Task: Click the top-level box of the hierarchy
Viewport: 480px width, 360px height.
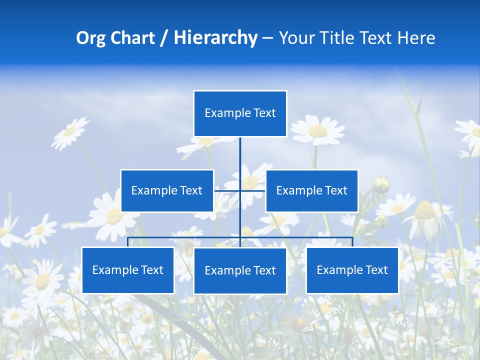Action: pos(240,113)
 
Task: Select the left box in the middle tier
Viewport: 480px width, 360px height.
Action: pos(167,190)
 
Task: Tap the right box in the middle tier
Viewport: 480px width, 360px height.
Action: pos(311,190)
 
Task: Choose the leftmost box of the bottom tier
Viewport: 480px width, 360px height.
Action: pos(128,270)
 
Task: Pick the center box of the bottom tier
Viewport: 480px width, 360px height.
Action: pos(240,270)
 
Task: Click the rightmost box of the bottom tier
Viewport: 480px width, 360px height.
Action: pos(352,270)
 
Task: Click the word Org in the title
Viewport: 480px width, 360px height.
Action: pos(90,38)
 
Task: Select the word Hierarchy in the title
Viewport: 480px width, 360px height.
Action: pos(215,38)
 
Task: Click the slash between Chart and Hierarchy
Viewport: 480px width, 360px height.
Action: pos(164,38)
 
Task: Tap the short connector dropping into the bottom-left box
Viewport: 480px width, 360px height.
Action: pos(128,242)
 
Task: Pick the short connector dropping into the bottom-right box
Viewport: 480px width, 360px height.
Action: pos(352,242)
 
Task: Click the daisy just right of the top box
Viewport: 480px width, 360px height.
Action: pos(317,130)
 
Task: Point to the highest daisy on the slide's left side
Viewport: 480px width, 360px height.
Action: pos(70,132)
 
